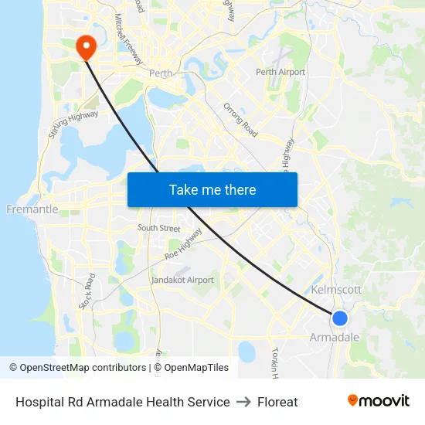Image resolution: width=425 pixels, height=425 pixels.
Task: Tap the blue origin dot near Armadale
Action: tap(339, 318)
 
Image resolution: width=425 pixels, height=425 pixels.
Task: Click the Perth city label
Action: tap(161, 74)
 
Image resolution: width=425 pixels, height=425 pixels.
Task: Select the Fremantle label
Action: tap(32, 209)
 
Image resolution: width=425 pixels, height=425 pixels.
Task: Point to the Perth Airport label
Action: tap(280, 72)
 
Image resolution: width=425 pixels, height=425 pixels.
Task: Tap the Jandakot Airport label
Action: tap(182, 280)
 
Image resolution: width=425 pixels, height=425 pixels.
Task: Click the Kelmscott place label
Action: tap(336, 290)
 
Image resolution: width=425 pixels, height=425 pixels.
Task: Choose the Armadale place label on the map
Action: tap(335, 338)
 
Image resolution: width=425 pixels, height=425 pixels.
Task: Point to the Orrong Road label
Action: tap(240, 120)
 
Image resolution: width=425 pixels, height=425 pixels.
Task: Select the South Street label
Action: tap(158, 228)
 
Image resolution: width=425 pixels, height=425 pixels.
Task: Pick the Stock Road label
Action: tap(86, 291)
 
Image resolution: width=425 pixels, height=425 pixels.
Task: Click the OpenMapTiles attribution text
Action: tap(195, 368)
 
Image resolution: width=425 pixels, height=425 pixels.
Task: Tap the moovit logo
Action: tap(378, 401)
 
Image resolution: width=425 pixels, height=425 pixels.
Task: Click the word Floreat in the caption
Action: tap(277, 402)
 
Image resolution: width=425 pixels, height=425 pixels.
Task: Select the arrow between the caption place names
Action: tap(243, 402)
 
